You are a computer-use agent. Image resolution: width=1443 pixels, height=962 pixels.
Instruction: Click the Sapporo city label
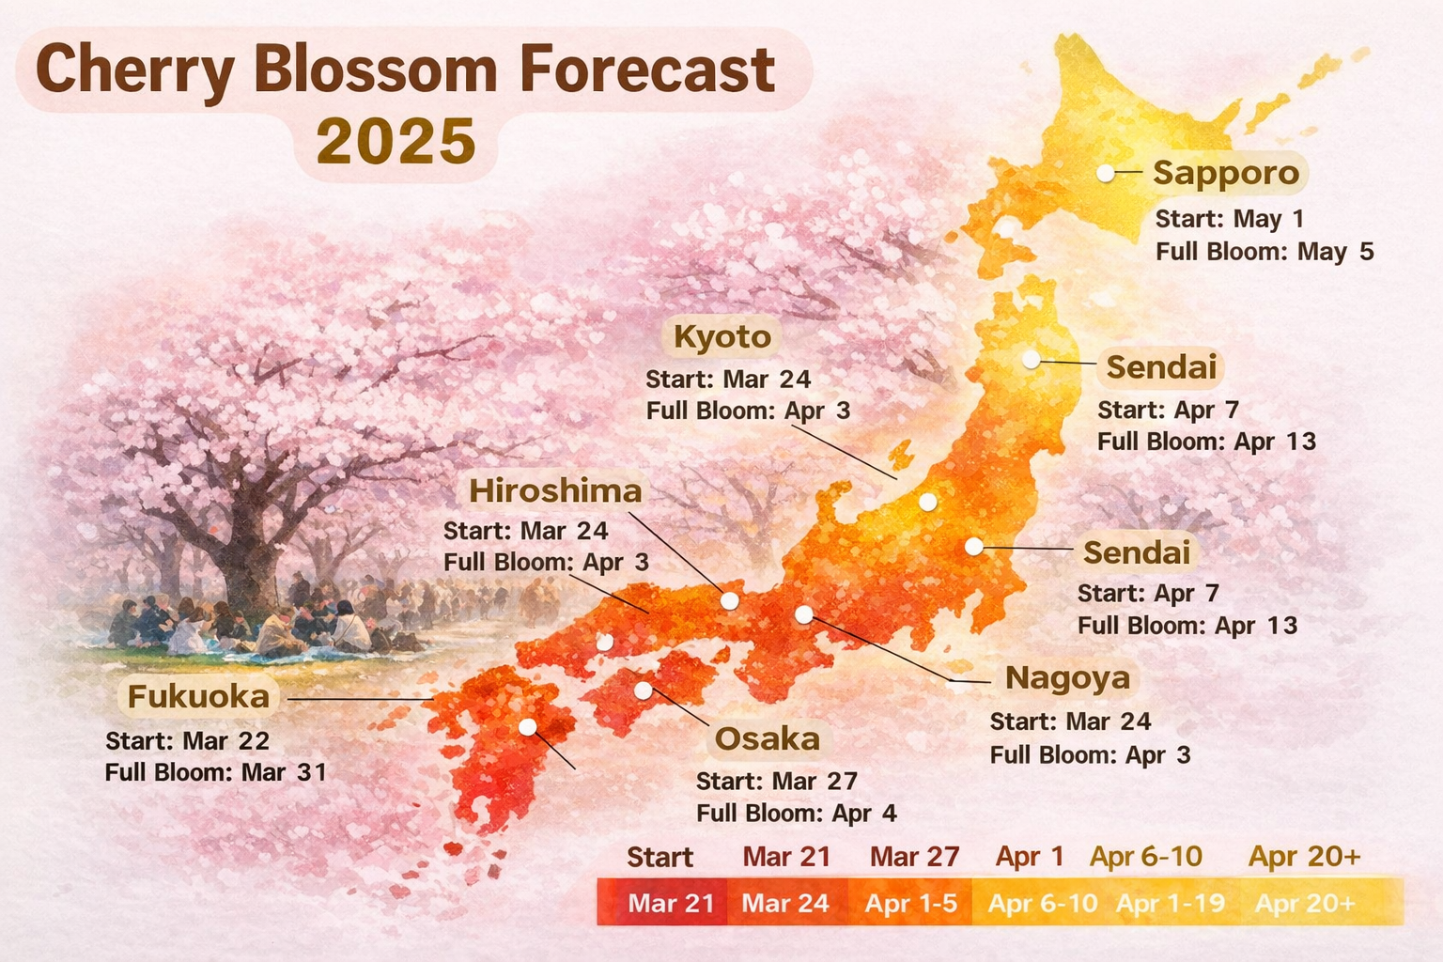tap(1226, 173)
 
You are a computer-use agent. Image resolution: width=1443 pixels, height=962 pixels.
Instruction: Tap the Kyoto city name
tap(722, 336)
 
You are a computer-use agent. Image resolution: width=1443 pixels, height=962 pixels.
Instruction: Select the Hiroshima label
tap(555, 490)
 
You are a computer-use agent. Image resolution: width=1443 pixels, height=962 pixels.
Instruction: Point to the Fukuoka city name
tap(198, 697)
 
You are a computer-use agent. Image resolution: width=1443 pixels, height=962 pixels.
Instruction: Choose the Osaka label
tap(767, 739)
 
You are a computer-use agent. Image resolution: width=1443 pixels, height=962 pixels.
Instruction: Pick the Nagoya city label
tap(1067, 678)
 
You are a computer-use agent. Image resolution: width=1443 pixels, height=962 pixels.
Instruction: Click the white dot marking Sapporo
tap(1106, 173)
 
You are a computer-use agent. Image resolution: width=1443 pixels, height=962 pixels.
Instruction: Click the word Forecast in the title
tap(648, 70)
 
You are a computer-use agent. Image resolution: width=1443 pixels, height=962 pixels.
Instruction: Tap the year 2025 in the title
tap(396, 142)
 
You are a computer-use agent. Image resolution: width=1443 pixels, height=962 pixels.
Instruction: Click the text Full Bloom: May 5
tap(1265, 252)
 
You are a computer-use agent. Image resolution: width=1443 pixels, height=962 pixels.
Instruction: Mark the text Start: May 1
tap(1230, 219)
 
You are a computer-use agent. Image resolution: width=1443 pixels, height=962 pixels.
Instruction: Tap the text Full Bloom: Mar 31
tap(216, 773)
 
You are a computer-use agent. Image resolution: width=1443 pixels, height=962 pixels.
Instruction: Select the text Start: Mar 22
tap(188, 741)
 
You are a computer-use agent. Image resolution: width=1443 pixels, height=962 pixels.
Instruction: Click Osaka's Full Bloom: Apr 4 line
tap(797, 814)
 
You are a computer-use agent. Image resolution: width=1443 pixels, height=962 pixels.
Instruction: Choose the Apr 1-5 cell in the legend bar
tap(910, 904)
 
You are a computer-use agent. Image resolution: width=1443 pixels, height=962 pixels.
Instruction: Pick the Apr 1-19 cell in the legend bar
tap(1171, 904)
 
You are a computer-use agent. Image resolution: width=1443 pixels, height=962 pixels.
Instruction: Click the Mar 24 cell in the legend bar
tap(785, 904)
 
